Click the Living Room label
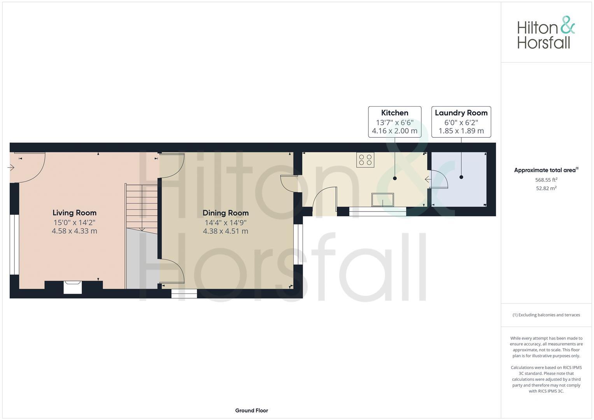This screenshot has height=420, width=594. (x=74, y=213)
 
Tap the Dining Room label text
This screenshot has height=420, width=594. (x=225, y=213)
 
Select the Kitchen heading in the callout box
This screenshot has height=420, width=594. (x=394, y=113)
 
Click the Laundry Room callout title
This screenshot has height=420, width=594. (x=461, y=113)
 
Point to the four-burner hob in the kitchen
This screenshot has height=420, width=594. (x=365, y=160)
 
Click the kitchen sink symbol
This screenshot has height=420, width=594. (x=382, y=199)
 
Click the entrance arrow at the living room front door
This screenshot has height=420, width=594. (x=11, y=167)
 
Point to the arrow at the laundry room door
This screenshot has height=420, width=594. (x=428, y=179)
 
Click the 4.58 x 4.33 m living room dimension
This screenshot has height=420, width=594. (x=74, y=231)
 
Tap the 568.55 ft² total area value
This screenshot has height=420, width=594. (x=546, y=180)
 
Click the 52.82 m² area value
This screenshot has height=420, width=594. (x=546, y=189)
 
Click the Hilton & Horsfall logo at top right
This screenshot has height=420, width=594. (x=546, y=32)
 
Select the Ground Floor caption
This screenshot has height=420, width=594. (x=251, y=410)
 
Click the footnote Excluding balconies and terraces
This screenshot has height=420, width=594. (x=546, y=315)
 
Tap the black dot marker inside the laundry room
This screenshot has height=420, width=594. (x=461, y=177)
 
